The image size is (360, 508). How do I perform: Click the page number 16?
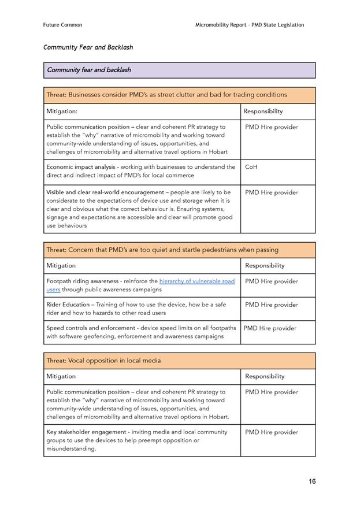tap(311, 481)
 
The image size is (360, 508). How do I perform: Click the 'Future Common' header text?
tap(62, 25)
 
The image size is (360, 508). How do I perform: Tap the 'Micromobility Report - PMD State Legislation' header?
tap(250, 25)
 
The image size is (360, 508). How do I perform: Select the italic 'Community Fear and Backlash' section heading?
tap(88, 47)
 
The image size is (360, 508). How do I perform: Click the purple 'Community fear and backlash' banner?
tap(179, 70)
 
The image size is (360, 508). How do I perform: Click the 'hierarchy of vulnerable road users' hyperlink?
tap(196, 281)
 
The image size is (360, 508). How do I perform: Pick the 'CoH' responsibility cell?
tap(251, 167)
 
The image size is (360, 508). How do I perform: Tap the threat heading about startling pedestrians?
tap(162, 250)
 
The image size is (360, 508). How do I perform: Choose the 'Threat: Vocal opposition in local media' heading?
tap(103, 361)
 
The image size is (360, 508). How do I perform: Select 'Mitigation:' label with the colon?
tap(62, 111)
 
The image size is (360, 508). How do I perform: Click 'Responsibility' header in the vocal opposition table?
tap(265, 376)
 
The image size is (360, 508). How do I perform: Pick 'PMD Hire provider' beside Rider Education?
tap(272, 305)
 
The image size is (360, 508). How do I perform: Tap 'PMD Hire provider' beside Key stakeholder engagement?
tap(272, 432)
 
